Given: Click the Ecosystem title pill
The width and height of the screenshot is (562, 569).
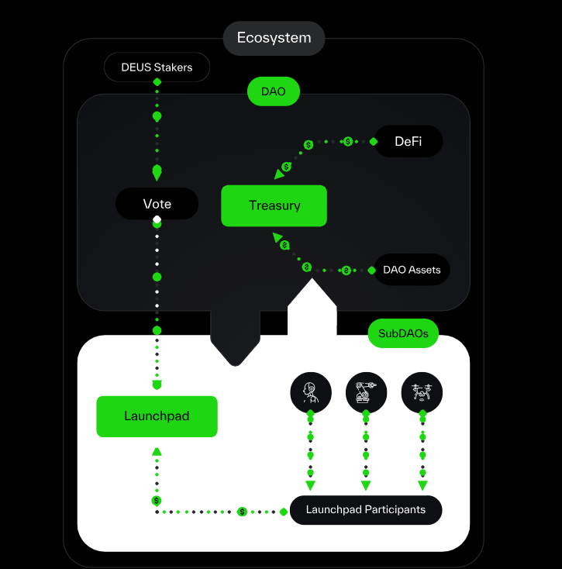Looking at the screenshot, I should tap(274, 38).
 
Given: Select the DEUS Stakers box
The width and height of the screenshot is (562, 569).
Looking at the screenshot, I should tap(157, 67).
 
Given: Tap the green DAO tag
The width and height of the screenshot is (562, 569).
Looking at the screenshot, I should tap(273, 91).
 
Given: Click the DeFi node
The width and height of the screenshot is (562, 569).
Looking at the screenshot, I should tap(408, 141).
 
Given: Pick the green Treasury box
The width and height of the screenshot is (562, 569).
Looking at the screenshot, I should tap(274, 205).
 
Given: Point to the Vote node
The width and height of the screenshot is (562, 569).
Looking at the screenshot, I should tap(157, 204).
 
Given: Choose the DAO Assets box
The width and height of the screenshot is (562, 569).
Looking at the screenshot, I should tap(412, 270).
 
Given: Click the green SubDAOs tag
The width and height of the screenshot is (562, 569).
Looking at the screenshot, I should tap(403, 334).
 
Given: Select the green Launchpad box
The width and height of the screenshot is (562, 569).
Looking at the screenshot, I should tap(157, 416).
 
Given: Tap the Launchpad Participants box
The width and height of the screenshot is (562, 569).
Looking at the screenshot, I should tap(365, 510).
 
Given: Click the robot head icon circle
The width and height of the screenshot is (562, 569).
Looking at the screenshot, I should tap(311, 392).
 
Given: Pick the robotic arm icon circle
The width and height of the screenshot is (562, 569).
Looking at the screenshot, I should tap(366, 392).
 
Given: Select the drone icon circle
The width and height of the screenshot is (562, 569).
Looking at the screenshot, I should tap(422, 392).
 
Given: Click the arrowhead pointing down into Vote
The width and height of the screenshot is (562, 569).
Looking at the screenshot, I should tap(157, 175).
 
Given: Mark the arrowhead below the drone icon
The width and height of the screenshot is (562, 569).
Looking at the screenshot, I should tap(422, 486).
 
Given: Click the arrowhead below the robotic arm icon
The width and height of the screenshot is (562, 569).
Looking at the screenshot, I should tap(366, 486).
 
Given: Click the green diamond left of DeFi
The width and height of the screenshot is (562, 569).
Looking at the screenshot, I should tap(373, 141).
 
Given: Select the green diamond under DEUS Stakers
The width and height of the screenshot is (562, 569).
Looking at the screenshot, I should tap(157, 82).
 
